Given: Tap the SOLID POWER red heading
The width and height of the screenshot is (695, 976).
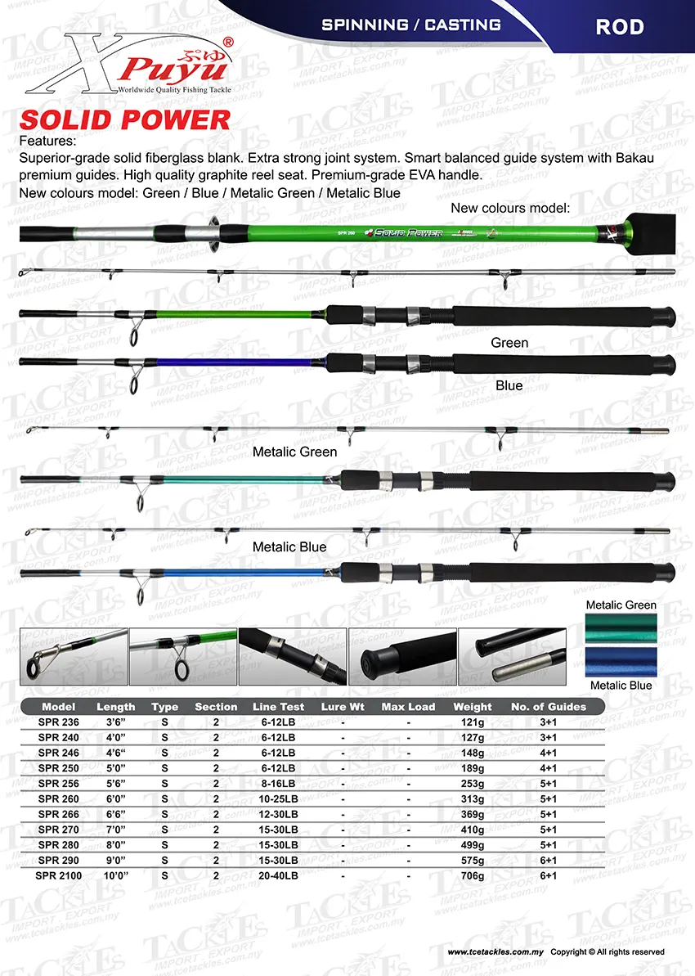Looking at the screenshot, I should point(124,120).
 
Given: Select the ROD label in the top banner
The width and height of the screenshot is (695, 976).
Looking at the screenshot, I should point(619,26).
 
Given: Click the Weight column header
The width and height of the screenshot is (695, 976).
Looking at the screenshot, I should point(473,707).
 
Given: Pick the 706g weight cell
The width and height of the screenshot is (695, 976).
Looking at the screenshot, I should point(473,875).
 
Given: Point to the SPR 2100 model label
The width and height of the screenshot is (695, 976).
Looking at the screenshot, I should point(58,875).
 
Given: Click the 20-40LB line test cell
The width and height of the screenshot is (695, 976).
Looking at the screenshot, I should point(278,875).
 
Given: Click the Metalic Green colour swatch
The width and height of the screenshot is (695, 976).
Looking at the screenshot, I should point(621,628).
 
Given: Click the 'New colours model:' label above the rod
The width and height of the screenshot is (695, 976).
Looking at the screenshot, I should point(509,209).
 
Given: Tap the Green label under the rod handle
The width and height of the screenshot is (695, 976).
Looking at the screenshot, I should point(509,343).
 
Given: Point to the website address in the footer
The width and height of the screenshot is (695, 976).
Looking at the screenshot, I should point(495,952).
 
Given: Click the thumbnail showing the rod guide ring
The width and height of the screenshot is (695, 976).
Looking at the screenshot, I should point(74,655).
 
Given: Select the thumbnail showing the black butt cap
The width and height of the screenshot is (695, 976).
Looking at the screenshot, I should point(401,655).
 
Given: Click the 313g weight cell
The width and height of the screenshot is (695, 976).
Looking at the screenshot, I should point(473,798).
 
